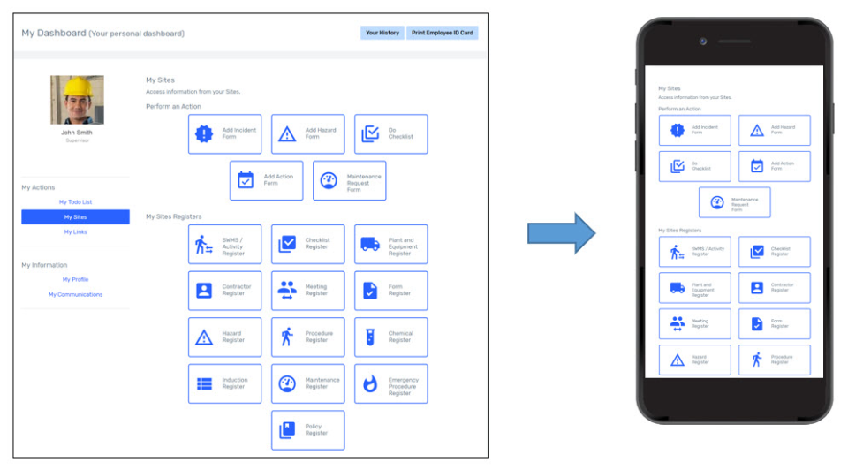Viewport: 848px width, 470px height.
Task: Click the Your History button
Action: pyautogui.click(x=382, y=33)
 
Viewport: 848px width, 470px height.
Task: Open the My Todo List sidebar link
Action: pyautogui.click(x=75, y=202)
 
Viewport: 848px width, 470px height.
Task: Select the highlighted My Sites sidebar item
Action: pyautogui.click(x=75, y=217)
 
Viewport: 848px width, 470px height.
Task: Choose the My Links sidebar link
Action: pyautogui.click(x=75, y=232)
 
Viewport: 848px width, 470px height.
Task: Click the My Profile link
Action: pyautogui.click(x=75, y=279)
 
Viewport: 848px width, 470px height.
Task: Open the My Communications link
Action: pyautogui.click(x=75, y=294)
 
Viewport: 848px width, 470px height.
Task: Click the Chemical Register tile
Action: pyautogui.click(x=390, y=337)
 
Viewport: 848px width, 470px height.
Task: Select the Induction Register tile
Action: pyautogui.click(x=224, y=383)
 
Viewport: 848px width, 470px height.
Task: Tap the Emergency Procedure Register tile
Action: pyautogui.click(x=390, y=383)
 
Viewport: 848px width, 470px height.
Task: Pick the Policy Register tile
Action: pyautogui.click(x=307, y=430)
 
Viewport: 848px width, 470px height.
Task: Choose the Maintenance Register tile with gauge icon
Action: pyautogui.click(x=307, y=383)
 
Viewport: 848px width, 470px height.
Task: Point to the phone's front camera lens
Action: pyautogui.click(x=702, y=42)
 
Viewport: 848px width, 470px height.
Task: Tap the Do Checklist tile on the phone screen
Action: pyautogui.click(x=694, y=166)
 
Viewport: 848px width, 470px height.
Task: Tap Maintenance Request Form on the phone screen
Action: pyautogui.click(x=734, y=202)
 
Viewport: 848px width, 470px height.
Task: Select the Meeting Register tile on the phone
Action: pyautogui.click(x=694, y=324)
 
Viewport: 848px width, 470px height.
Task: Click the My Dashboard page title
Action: pyautogui.click(x=53, y=33)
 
